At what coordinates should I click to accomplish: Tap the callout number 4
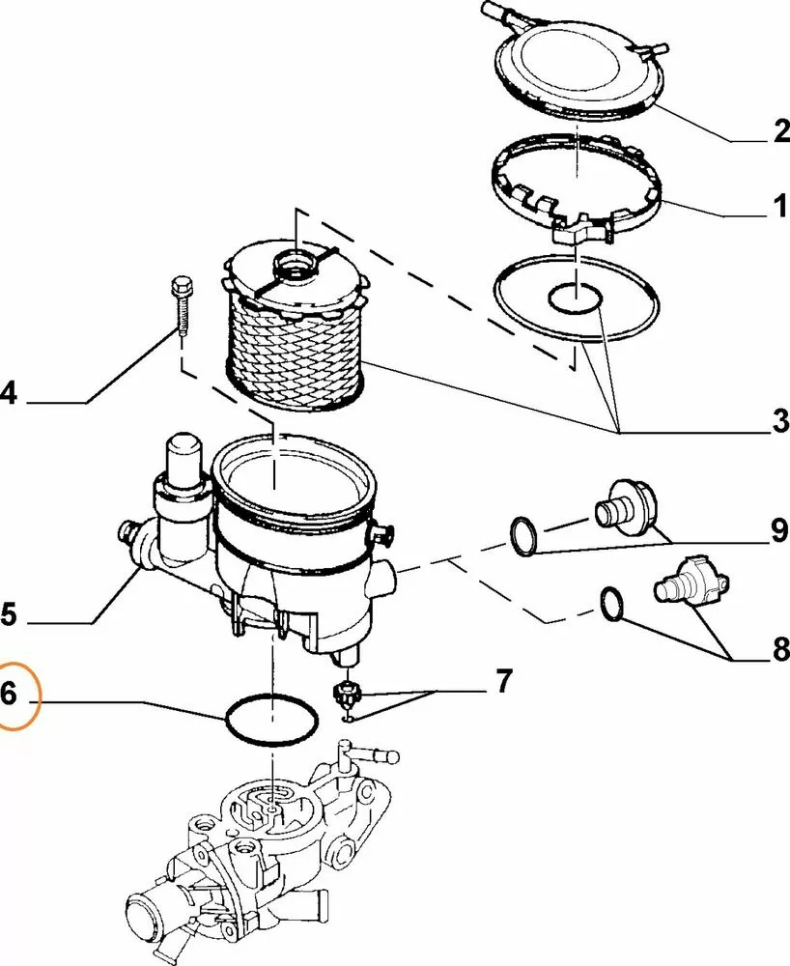9,393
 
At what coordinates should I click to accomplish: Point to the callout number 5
9,613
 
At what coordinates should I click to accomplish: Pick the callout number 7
502,682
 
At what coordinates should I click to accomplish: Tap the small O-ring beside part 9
524,536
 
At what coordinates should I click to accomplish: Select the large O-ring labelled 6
270,720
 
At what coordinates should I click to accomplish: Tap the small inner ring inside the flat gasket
574,299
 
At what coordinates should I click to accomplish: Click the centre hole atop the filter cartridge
294,263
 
